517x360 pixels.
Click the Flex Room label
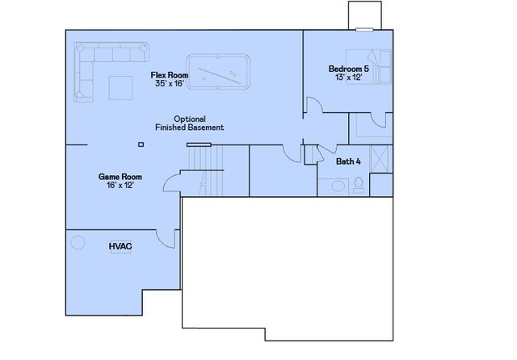click(168, 75)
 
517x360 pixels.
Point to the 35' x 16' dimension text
click(168, 83)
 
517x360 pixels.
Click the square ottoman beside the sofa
click(121, 86)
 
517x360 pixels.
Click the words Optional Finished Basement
click(189, 123)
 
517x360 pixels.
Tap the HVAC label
click(120, 245)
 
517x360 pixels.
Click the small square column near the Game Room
click(141, 144)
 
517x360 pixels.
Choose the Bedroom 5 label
click(348, 69)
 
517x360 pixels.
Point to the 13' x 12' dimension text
click(348, 78)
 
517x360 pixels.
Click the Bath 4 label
click(348, 161)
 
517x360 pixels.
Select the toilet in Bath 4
click(359, 186)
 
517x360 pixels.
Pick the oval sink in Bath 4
click(338, 186)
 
